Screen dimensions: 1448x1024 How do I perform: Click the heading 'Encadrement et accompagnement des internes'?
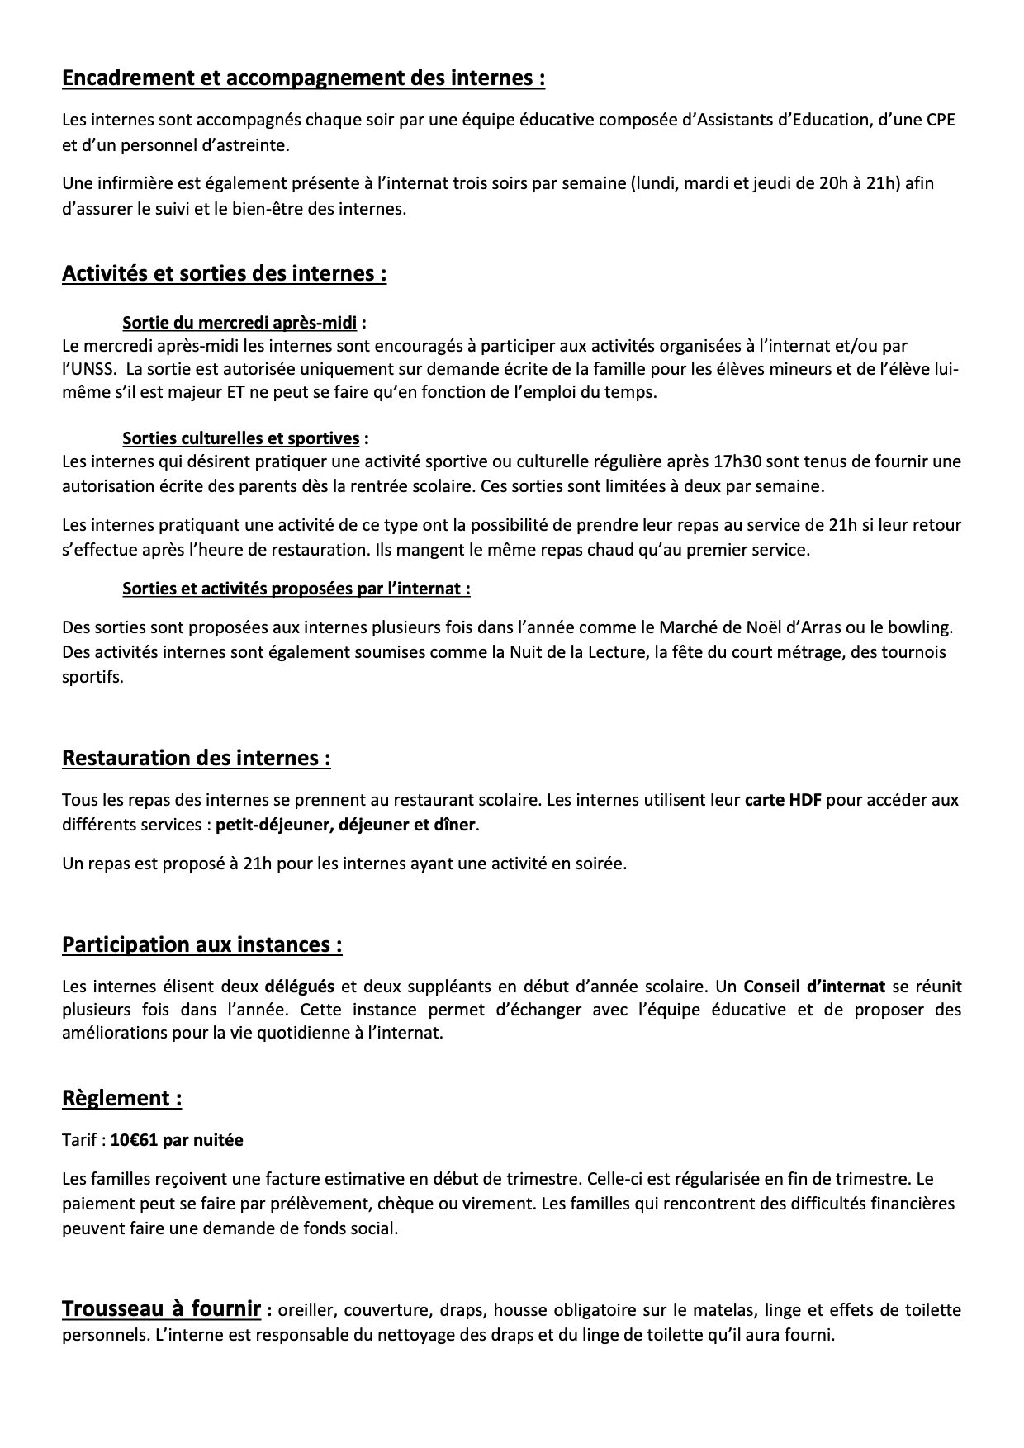pyautogui.click(x=303, y=78)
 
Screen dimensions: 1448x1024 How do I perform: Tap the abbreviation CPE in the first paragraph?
pyautogui.click(x=941, y=120)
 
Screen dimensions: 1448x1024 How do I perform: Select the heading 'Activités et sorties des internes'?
pyautogui.click(x=224, y=273)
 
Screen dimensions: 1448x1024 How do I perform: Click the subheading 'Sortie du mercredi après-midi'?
pyautogui.click(x=239, y=322)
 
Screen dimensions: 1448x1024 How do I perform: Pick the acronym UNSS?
pyautogui.click(x=88, y=369)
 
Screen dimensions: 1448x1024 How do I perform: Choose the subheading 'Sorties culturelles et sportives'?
pyautogui.click(x=240, y=438)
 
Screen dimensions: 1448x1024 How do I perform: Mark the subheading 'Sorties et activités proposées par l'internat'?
pyautogui.click(x=296, y=589)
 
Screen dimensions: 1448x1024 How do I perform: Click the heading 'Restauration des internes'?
pyautogui.click(x=196, y=758)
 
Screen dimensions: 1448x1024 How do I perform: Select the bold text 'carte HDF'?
pyautogui.click(x=783, y=800)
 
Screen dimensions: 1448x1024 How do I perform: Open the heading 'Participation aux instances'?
pyautogui.click(x=201, y=944)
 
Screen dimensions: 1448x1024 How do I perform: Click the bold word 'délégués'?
pyautogui.click(x=299, y=986)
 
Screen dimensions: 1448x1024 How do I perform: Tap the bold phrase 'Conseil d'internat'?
pyautogui.click(x=814, y=986)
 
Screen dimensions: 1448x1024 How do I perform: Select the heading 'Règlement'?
pyautogui.click(x=121, y=1099)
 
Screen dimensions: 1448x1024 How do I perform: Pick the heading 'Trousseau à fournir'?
pyautogui.click(x=161, y=1309)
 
